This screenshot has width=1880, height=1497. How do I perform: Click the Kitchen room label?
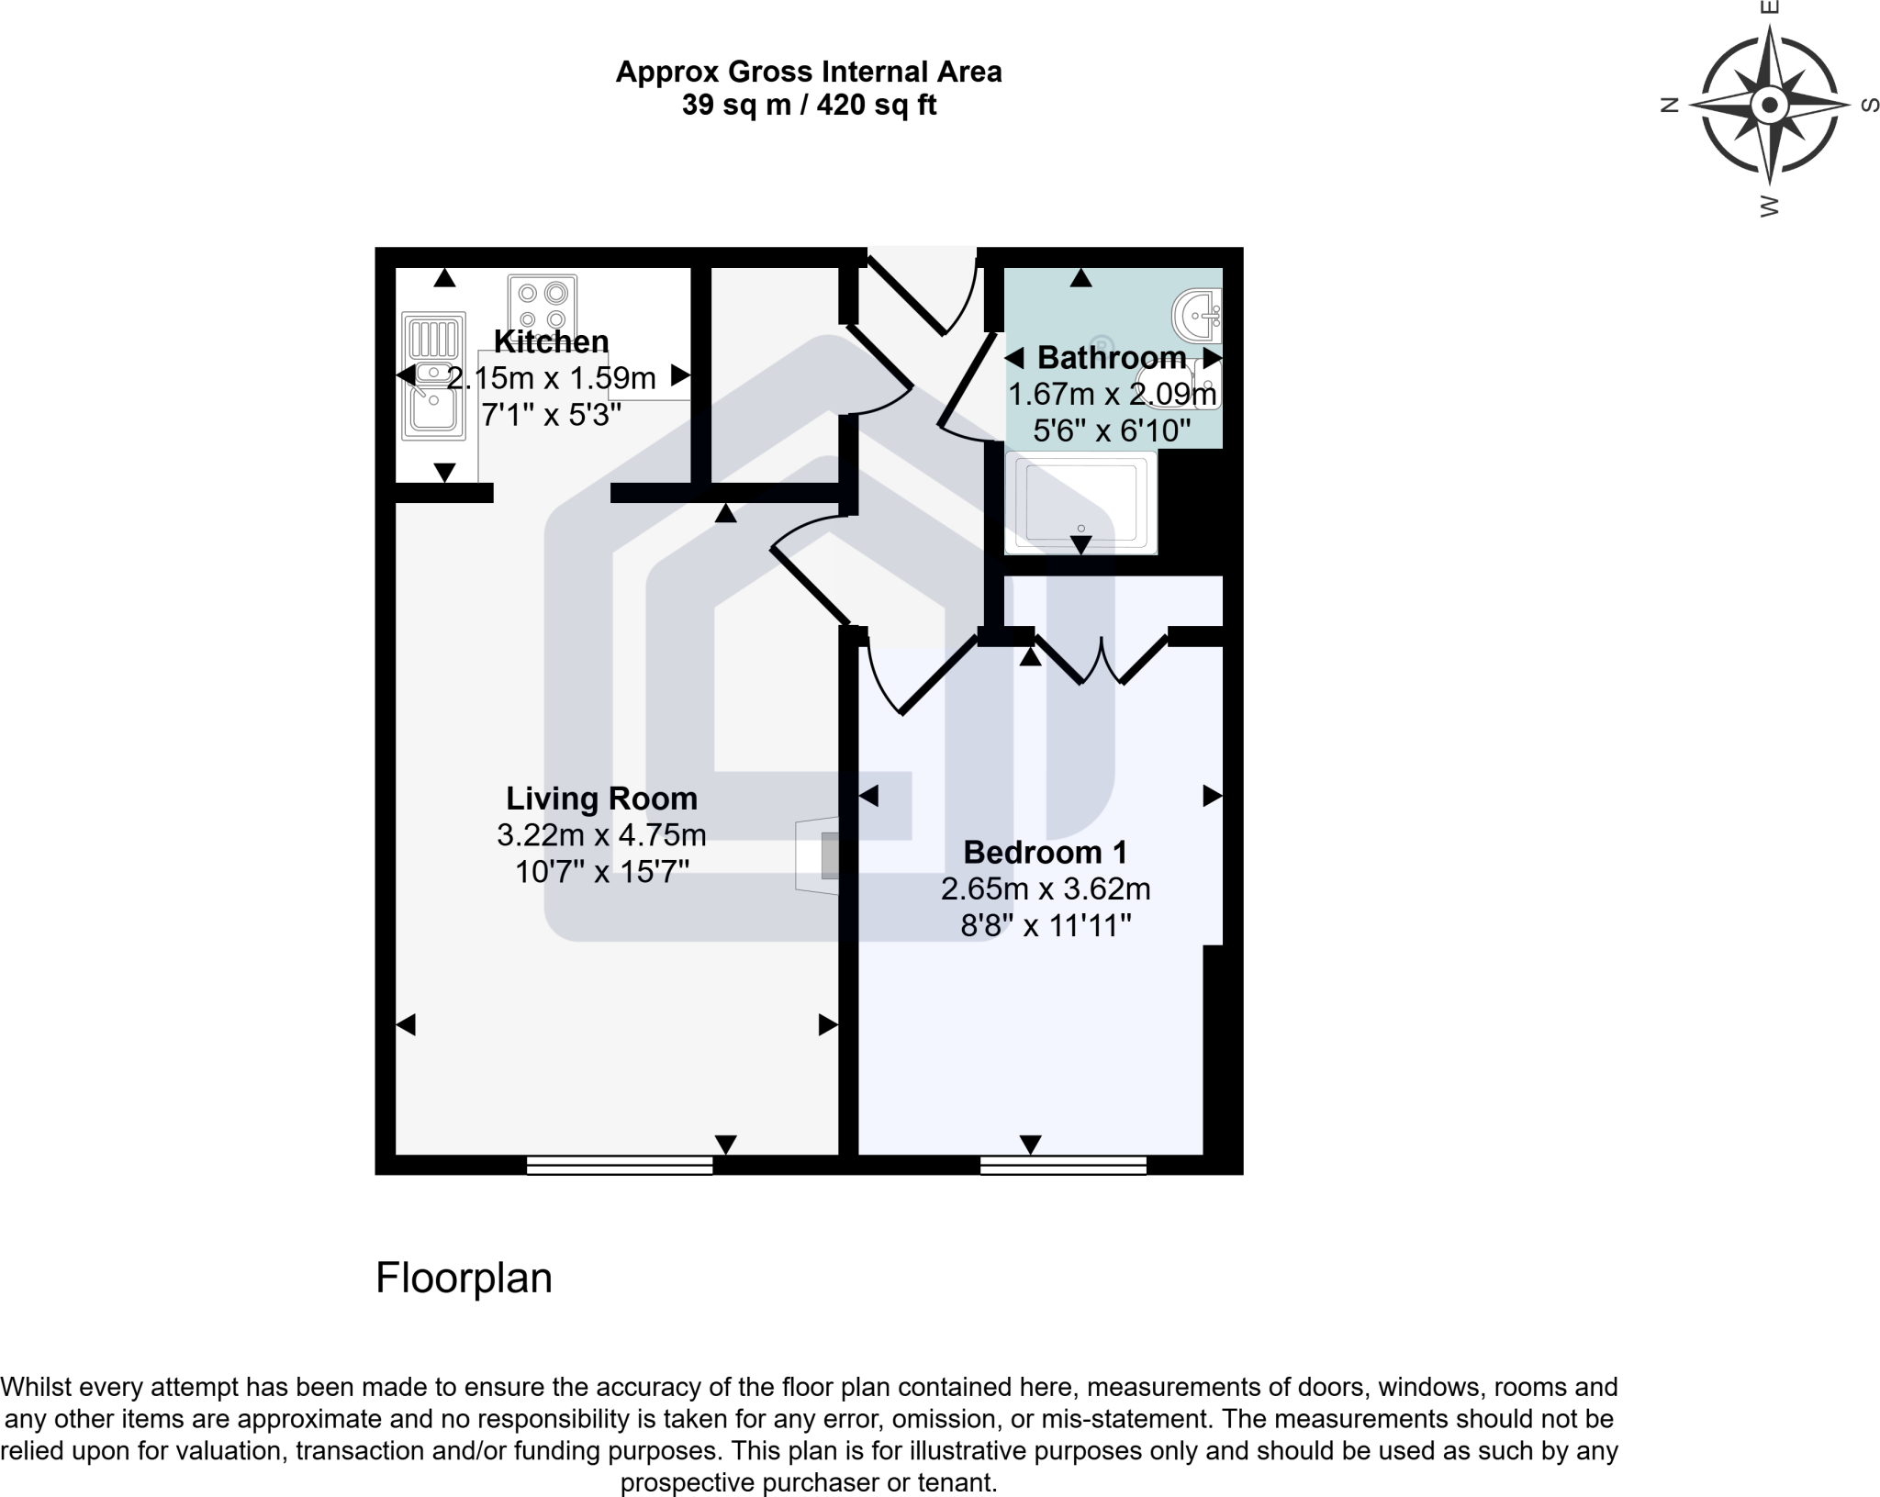(551, 341)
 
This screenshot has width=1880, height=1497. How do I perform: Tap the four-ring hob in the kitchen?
(543, 306)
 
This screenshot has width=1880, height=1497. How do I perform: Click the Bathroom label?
(1112, 357)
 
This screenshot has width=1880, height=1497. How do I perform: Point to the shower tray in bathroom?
(1080, 503)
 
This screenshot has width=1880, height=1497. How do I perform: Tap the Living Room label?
(601, 799)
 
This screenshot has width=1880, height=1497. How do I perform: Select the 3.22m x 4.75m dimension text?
(601, 835)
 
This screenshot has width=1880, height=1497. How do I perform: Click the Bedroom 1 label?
(1045, 853)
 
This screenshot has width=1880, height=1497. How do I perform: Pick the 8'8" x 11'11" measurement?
(1045, 925)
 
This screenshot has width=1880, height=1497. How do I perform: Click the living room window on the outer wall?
(620, 1166)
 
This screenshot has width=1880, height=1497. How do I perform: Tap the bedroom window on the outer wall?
(1063, 1166)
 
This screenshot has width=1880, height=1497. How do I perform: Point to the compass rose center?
(1769, 105)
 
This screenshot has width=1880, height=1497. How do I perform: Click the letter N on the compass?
(1671, 105)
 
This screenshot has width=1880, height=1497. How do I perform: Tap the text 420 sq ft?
(877, 106)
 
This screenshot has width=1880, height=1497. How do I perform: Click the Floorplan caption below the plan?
(464, 1278)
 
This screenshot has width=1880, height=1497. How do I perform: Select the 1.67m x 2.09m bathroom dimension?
(1112, 395)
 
